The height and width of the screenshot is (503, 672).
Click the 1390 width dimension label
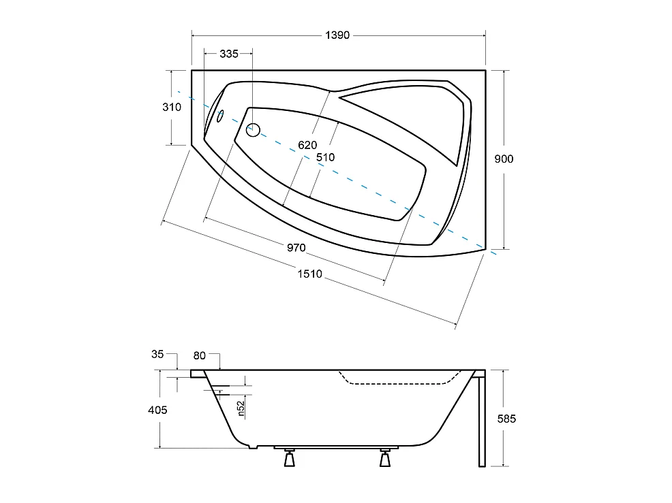337,35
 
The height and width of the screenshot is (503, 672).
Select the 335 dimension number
229,54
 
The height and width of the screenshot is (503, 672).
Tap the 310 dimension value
172,107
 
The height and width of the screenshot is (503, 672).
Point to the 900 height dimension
504,159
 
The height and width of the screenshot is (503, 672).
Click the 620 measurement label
308,144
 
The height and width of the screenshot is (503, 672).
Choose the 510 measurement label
325,157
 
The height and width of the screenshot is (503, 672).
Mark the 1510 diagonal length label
309,274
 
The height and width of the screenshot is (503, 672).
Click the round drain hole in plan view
253,128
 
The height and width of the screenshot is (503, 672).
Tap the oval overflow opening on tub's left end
220,115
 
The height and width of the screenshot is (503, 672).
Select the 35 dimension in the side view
157,354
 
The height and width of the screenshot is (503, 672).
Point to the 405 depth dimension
157,410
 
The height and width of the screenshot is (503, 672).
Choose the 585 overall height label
506,419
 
